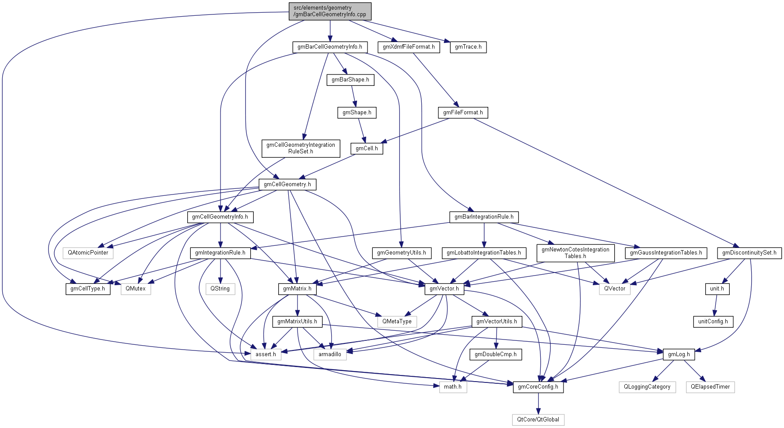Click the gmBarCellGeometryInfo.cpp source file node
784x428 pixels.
pos(330,11)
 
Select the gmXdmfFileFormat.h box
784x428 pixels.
pos(409,47)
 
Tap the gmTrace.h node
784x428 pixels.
pos(468,47)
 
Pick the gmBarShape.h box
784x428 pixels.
pos(350,80)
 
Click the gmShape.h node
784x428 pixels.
pos(357,113)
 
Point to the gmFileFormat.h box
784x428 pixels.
pos(463,113)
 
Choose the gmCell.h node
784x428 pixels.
pos(367,149)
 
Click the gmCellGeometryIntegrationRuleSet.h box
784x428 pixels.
pos(301,148)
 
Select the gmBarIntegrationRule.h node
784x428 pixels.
pos(484,217)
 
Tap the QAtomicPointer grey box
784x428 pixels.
pos(88,253)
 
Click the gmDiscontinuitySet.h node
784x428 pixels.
pos(749,253)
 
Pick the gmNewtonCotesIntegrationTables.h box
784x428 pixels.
pos(575,253)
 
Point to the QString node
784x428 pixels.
pos(220,289)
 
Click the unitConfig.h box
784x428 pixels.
pos(713,322)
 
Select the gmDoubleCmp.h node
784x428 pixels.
pos(496,354)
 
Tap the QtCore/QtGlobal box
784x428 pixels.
pos(538,420)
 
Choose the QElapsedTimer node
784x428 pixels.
pos(710,387)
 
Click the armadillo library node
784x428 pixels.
pos(330,354)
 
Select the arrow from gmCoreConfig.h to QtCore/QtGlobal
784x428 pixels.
pos(538,403)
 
